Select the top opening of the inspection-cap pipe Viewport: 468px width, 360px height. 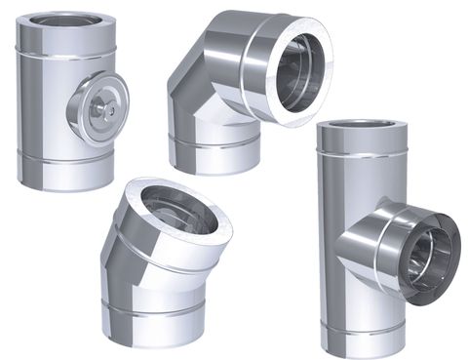tap(66, 19)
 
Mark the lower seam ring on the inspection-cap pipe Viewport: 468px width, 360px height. tap(66, 164)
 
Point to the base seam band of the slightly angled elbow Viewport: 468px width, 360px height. tap(155, 314)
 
